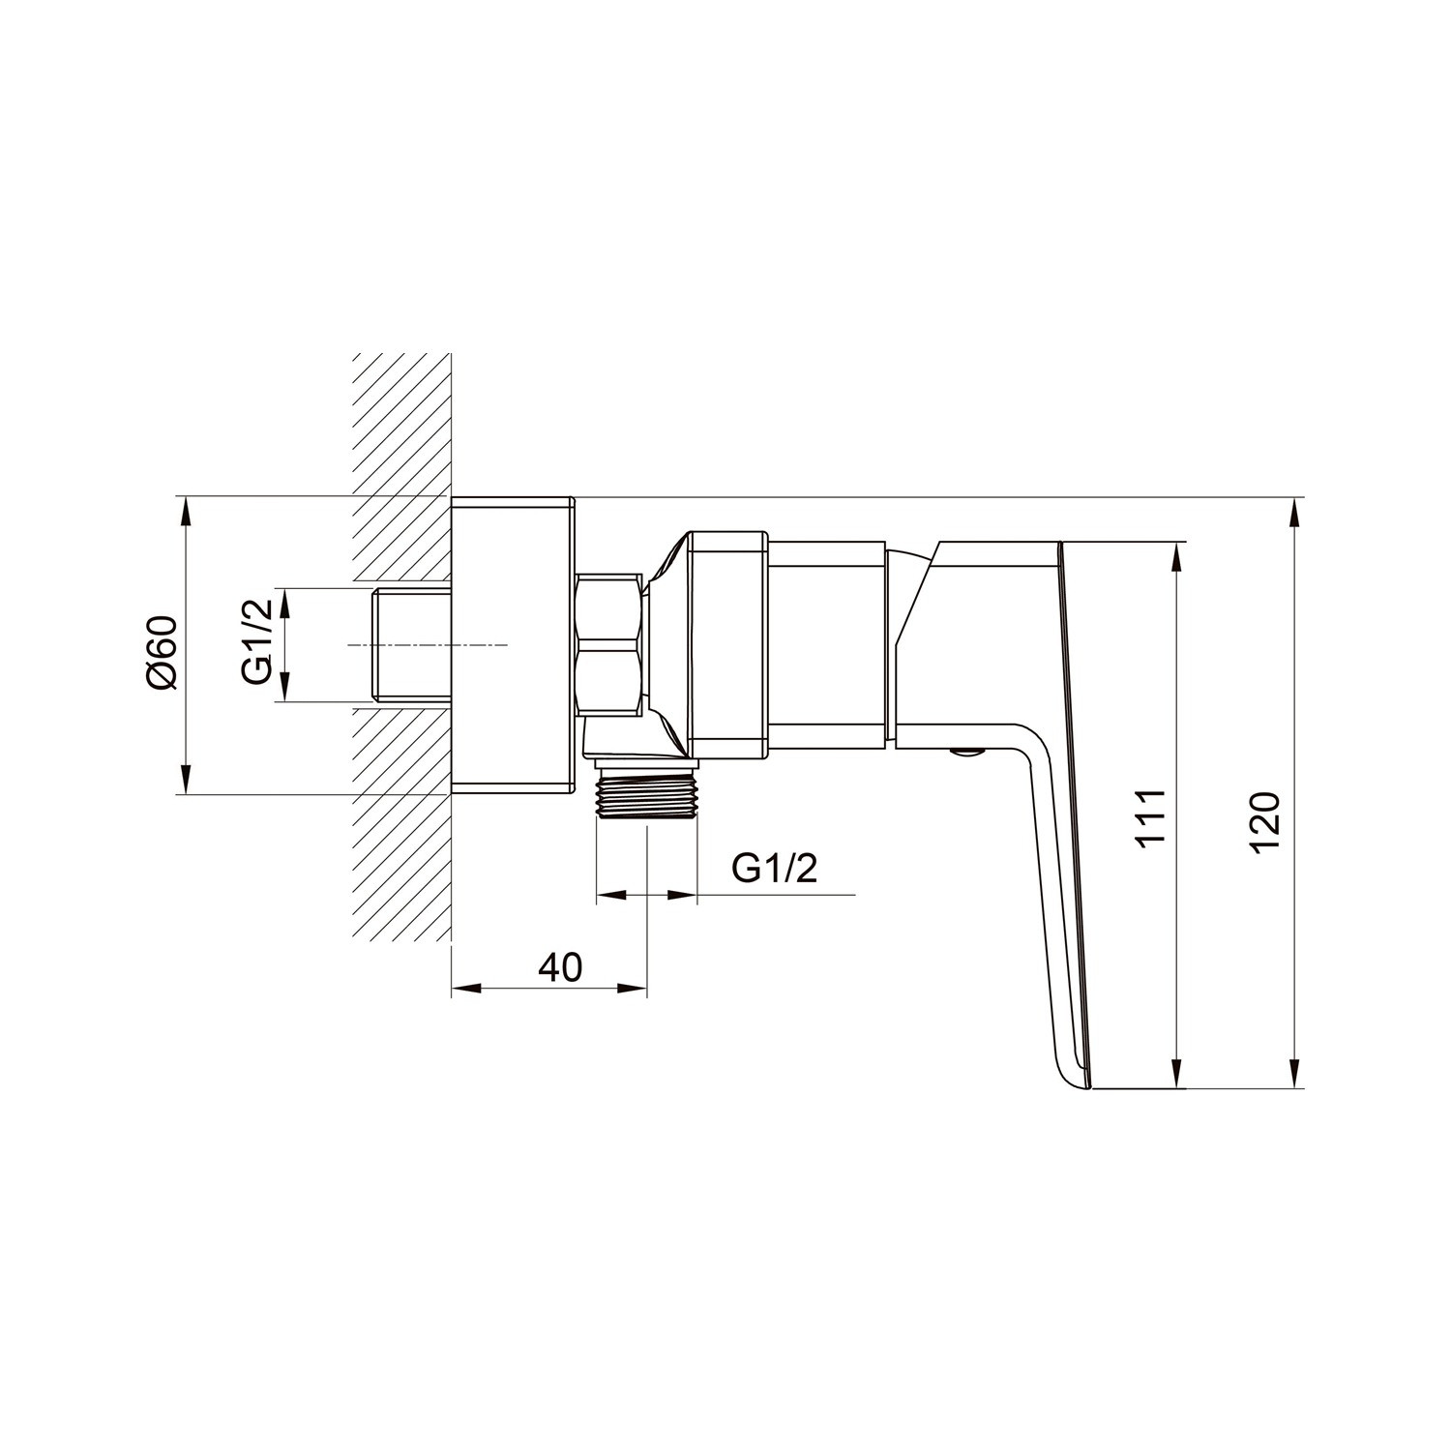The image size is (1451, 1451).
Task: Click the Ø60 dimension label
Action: coord(163,652)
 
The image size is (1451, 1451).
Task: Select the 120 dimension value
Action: coord(1264,822)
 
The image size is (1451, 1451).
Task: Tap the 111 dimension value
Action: coord(1150,820)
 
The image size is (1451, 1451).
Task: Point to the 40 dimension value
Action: coord(560,966)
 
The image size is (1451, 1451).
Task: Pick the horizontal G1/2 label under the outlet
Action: coord(775,869)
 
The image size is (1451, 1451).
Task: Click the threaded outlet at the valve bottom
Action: coord(645,793)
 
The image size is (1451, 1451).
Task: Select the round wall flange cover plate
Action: coord(514,646)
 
